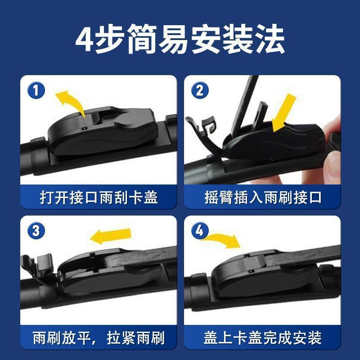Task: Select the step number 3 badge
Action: (36, 231)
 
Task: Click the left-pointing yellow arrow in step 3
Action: (110, 236)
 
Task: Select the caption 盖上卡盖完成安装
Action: (263, 338)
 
